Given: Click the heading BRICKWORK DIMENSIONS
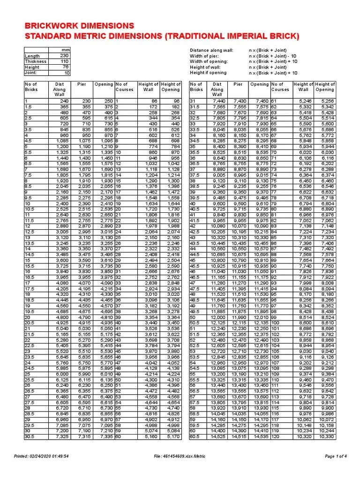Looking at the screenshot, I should pos(79,25).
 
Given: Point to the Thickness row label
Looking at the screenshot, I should pos(36,61).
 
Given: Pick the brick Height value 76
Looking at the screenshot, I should pos(65,67).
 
